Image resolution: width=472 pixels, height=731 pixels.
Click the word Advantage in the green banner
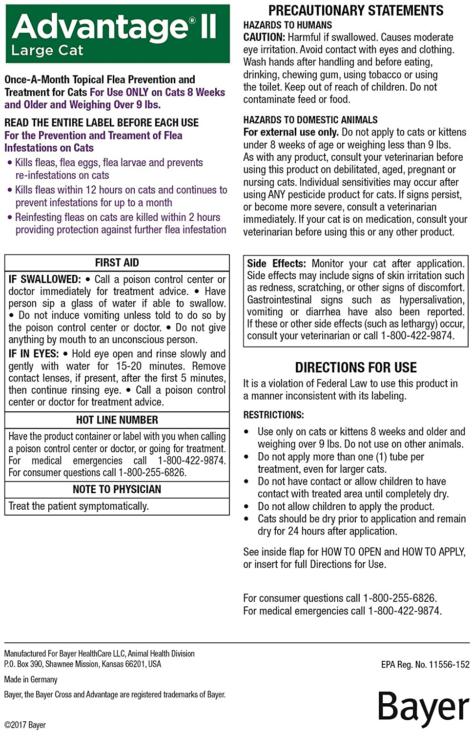click(100, 27)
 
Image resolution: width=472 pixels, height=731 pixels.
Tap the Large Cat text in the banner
click(47, 51)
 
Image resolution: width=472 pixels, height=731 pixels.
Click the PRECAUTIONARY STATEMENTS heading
click(356, 10)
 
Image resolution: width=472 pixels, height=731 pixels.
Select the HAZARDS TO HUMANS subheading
click(287, 25)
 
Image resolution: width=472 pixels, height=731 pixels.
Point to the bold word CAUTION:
click(264, 37)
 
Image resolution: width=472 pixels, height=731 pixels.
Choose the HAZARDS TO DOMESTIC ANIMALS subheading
click(310, 120)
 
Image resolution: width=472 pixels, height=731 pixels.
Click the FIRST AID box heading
click(117, 263)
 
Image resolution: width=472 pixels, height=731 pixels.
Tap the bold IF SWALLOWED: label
click(44, 279)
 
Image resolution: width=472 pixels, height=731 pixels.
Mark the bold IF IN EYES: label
click(33, 354)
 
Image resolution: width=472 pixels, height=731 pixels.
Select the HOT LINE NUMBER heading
click(117, 420)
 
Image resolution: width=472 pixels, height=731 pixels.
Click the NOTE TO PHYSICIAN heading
click(117, 489)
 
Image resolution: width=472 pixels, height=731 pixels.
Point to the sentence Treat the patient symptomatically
click(79, 506)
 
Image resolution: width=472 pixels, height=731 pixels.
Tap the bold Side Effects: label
click(276, 264)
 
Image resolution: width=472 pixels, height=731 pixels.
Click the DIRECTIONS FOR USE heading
click(356, 367)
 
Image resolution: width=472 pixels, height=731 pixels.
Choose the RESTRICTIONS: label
click(273, 415)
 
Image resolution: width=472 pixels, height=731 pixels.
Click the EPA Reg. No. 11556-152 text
click(425, 664)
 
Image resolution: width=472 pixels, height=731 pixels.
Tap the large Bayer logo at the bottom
click(423, 707)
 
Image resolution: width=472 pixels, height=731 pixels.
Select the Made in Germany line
click(31, 679)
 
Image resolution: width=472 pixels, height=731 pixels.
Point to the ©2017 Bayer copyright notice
click(25, 725)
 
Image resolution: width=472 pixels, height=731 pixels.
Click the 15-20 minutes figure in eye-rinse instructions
click(129, 366)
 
